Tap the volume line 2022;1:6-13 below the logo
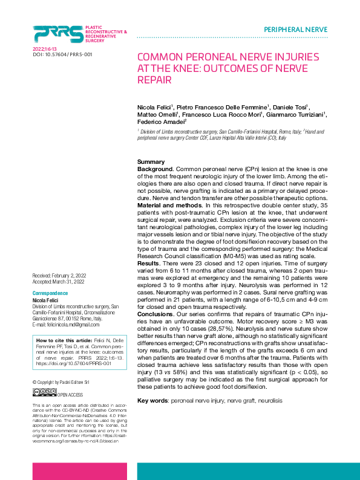tap(44, 48)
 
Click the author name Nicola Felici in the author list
tap(155, 107)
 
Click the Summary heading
tap(151, 162)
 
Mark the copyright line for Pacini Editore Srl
tap(61, 383)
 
